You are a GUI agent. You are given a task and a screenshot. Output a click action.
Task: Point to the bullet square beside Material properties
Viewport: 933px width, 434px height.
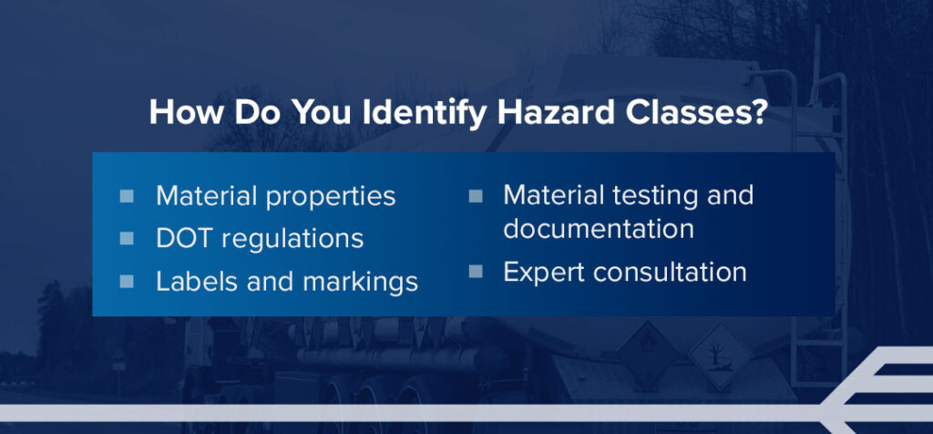127,196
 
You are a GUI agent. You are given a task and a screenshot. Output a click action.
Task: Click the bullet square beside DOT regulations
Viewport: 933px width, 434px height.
127,239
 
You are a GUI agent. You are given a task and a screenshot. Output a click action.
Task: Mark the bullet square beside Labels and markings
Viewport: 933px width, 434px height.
127,281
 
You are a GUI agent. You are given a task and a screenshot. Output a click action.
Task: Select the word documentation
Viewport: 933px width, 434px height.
598,228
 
